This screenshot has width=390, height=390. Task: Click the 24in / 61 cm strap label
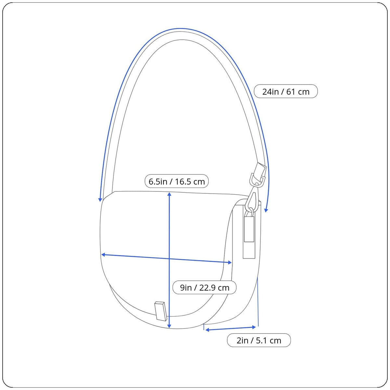point(286,91)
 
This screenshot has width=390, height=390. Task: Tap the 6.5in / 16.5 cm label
point(176,181)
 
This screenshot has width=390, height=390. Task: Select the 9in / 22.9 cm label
point(204,287)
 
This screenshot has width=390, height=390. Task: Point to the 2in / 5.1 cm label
point(259,340)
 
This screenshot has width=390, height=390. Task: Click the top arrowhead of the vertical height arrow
point(169,194)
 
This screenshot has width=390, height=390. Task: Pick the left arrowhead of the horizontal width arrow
point(103,254)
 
